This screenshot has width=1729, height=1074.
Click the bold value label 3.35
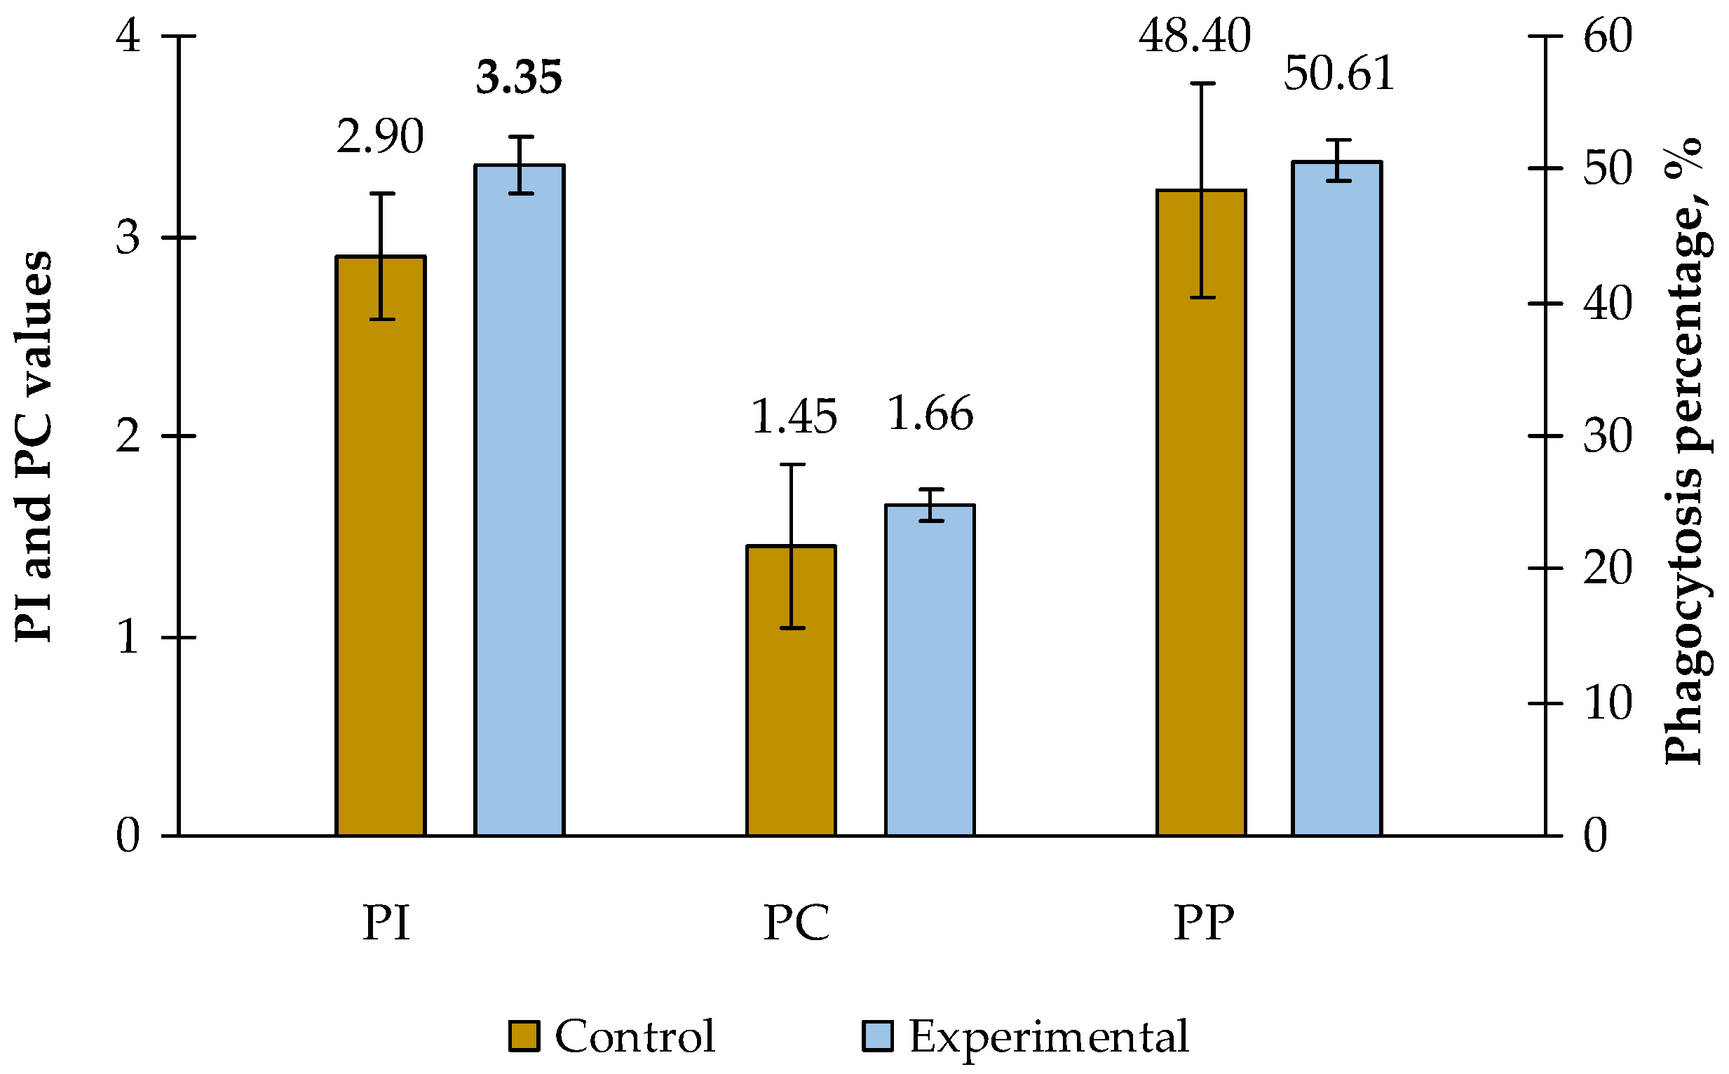tap(520, 77)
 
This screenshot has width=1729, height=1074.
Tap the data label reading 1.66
tap(930, 414)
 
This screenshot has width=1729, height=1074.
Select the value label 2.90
tap(380, 137)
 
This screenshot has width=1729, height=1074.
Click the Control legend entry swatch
tap(524, 1035)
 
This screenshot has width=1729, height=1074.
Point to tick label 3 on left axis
tap(128, 237)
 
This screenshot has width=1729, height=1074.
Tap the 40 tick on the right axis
tap(1608, 304)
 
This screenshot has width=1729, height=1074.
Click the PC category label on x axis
tap(796, 923)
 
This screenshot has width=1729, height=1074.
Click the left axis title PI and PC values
tap(34, 447)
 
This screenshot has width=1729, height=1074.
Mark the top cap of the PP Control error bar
tap(1201, 84)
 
